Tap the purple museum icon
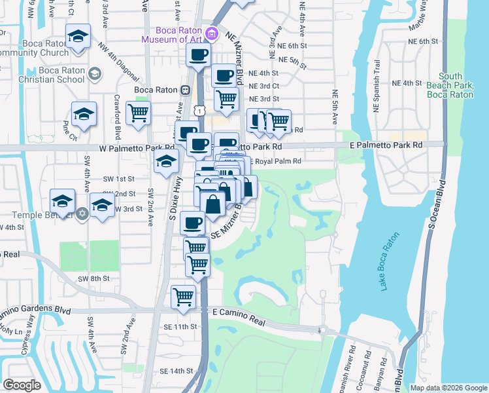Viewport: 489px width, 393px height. pyautogui.click(x=211, y=34)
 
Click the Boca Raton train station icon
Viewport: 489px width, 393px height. pyautogui.click(x=186, y=90)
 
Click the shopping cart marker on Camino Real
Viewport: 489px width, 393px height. pyautogui.click(x=184, y=296)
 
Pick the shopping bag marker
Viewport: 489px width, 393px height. pyautogui.click(x=212, y=203)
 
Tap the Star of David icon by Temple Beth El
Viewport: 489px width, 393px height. pyautogui.click(x=82, y=214)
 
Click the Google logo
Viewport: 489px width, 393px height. pyautogui.click(x=22, y=385)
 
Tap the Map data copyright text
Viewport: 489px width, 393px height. pyautogui.click(x=448, y=388)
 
